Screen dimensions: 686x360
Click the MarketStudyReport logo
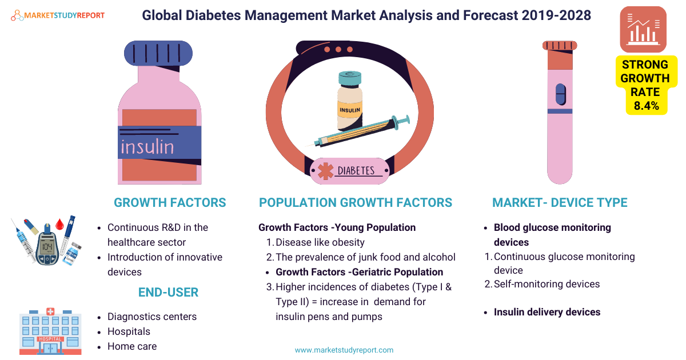(58, 15)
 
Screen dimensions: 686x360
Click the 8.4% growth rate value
(646, 106)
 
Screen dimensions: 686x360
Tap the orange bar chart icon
(643, 29)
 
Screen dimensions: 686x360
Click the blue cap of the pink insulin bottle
(158, 53)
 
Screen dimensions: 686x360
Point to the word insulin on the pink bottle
(147, 147)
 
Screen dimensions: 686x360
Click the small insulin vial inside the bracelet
(350, 101)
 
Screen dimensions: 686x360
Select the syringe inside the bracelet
(361, 131)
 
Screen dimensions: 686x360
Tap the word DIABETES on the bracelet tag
(356, 171)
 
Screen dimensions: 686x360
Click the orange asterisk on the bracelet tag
(325, 171)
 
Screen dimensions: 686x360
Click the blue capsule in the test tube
(561, 94)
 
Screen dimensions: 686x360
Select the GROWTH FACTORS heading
(170, 203)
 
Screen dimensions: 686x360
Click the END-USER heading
(169, 293)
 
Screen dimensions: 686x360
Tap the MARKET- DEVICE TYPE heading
(560, 203)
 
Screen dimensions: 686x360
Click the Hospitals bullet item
(129, 331)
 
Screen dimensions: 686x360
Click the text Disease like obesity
(320, 242)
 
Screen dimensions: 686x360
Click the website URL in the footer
(344, 350)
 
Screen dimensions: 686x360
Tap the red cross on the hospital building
(50, 311)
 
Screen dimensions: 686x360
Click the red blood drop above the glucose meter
(59, 224)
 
